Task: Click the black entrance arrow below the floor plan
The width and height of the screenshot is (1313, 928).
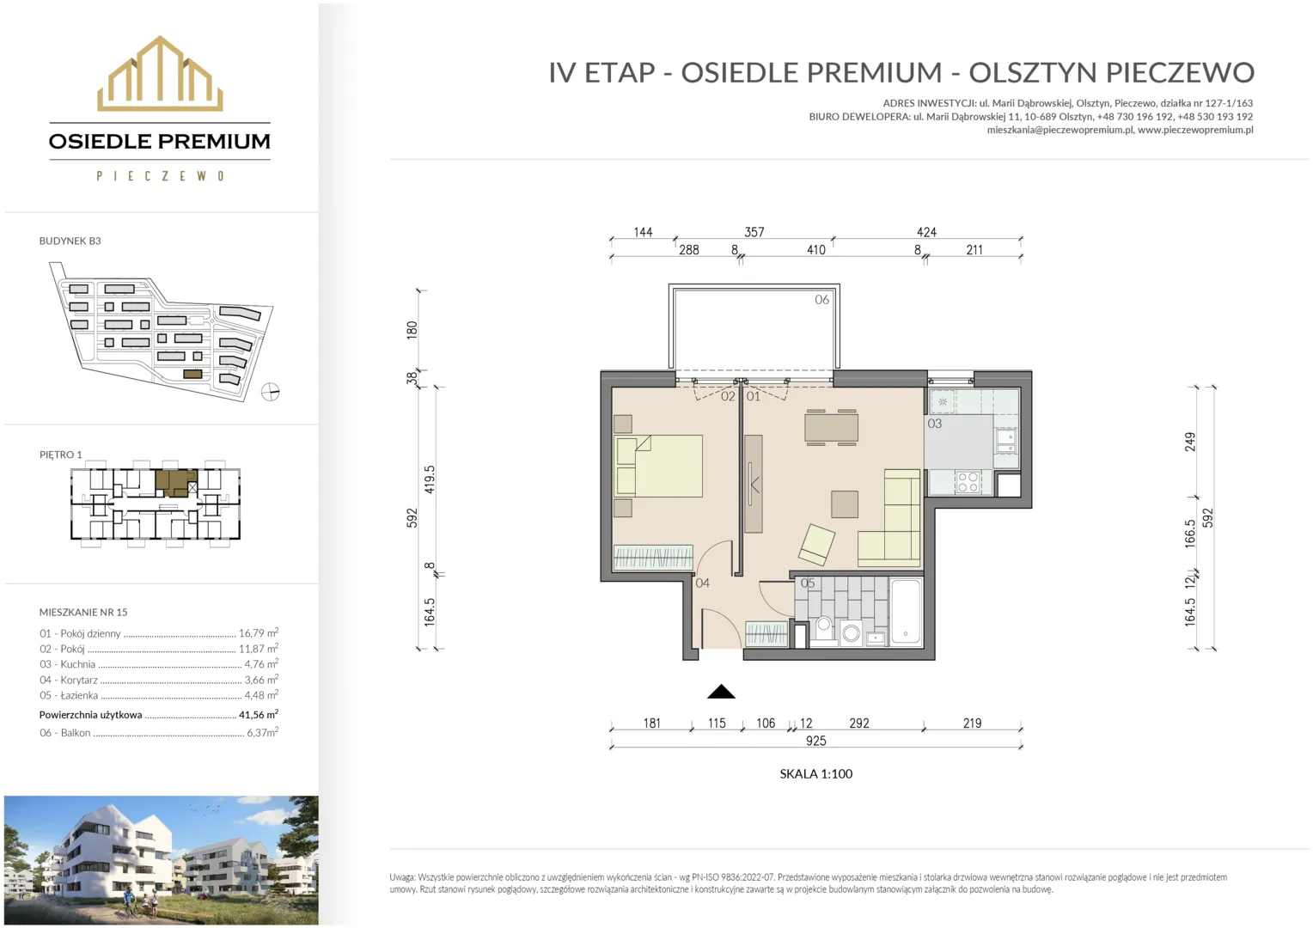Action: [721, 692]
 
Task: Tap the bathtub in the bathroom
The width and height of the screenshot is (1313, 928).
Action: [906, 612]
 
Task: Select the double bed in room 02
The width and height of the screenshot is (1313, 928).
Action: [659, 466]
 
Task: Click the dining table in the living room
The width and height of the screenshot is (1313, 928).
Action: [831, 427]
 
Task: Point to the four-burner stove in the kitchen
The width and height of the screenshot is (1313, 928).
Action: [968, 482]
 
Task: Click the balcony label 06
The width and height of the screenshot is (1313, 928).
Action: [821, 300]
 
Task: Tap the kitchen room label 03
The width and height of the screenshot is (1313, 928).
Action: [934, 424]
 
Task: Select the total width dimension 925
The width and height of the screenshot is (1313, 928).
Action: [816, 741]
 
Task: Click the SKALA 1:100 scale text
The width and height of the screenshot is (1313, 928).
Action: [816, 774]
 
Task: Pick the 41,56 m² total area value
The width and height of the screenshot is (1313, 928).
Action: [259, 715]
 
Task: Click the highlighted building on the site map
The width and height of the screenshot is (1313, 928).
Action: [192, 374]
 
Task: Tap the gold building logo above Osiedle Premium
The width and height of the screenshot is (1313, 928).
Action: [160, 73]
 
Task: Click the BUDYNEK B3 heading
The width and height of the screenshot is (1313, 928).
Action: [70, 241]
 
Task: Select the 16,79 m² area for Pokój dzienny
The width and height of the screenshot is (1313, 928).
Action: [259, 633]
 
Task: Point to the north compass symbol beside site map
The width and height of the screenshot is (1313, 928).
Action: [270, 391]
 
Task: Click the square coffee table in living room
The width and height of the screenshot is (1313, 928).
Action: [844, 504]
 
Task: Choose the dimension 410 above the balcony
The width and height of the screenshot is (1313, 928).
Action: [816, 250]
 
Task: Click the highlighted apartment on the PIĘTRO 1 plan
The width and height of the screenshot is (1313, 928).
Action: [176, 483]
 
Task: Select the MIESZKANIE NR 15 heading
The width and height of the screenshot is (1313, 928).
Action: [83, 612]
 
